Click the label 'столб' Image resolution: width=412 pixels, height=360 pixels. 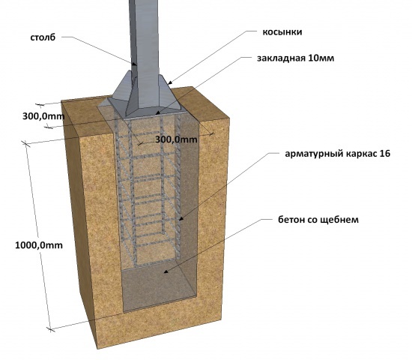click(x=43, y=37)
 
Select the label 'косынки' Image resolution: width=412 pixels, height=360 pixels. click(x=282, y=31)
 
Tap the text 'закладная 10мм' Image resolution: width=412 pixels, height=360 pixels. click(x=296, y=58)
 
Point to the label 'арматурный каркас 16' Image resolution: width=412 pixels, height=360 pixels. click(x=338, y=154)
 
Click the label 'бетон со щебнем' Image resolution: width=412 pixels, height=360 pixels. click(x=318, y=220)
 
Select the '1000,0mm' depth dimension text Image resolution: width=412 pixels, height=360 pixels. click(x=39, y=245)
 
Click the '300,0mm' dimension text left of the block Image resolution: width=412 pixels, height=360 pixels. click(x=43, y=116)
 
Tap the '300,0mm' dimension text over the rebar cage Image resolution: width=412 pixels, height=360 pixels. click(x=176, y=139)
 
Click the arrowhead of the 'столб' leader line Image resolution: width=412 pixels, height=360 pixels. click(x=135, y=64)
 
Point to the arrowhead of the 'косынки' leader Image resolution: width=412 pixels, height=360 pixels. click(x=170, y=83)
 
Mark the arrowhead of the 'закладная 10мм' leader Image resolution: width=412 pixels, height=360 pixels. click(x=157, y=113)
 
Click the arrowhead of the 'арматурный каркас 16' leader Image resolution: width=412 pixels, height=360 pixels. click(x=181, y=218)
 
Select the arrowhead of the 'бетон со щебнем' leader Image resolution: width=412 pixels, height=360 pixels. click(x=166, y=271)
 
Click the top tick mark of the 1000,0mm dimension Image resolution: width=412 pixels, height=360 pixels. click(x=25, y=144)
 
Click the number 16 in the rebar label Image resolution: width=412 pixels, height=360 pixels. click(x=385, y=154)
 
